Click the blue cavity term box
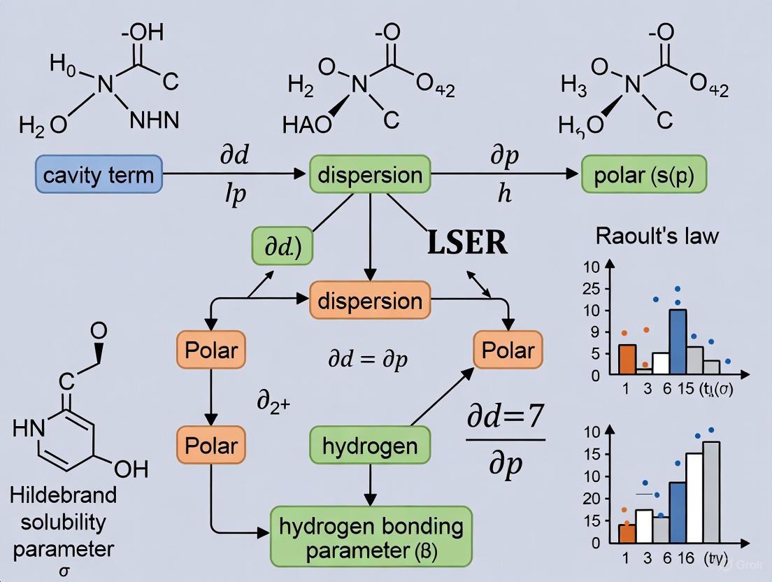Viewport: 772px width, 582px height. [x=99, y=174]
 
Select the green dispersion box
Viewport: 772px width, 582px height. [x=370, y=174]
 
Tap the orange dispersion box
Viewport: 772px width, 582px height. [x=370, y=301]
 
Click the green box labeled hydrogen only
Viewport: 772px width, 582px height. [x=370, y=446]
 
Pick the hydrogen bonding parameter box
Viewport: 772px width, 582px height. [x=371, y=538]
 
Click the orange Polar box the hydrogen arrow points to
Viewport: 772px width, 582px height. [x=504, y=350]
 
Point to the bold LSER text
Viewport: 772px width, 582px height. [x=467, y=243]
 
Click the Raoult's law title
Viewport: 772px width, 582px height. [x=657, y=235]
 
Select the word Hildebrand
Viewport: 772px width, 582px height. [x=64, y=495]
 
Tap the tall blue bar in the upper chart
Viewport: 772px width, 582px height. [x=677, y=341]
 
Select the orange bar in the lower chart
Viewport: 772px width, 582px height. [x=627, y=533]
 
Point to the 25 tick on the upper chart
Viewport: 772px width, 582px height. [x=592, y=288]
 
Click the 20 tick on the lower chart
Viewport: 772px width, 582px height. [x=592, y=499]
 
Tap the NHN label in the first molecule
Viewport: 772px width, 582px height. [x=155, y=120]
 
